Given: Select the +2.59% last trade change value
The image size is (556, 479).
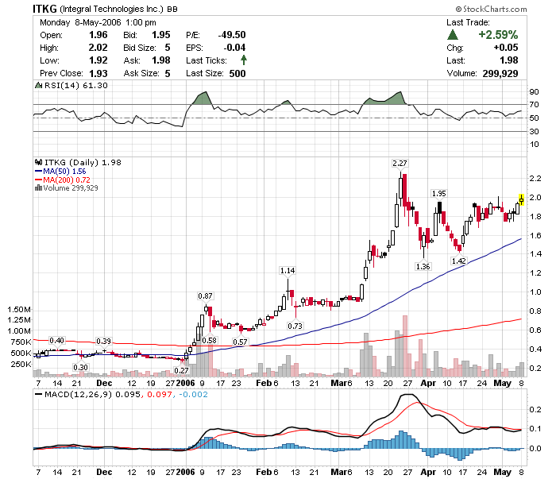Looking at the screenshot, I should click(497, 35).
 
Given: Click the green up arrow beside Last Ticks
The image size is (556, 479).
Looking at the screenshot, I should click(243, 60).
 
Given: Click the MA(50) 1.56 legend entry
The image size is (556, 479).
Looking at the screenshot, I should click(61, 171).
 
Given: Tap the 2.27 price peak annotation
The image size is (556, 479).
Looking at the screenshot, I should click(400, 164).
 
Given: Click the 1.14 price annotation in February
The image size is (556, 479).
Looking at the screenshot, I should click(288, 271).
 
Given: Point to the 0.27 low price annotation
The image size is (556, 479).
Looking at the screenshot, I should click(181, 370).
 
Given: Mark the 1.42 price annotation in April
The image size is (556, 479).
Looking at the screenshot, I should click(459, 261).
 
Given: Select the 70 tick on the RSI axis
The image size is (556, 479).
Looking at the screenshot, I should click(534, 105).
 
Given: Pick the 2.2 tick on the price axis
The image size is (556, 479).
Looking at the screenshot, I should click(536, 178).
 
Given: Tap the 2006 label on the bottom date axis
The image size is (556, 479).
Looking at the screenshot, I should click(184, 471).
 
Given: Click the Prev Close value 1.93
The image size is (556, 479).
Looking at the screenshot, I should click(98, 73).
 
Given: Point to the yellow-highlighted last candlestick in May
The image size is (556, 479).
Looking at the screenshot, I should click(521, 199).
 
